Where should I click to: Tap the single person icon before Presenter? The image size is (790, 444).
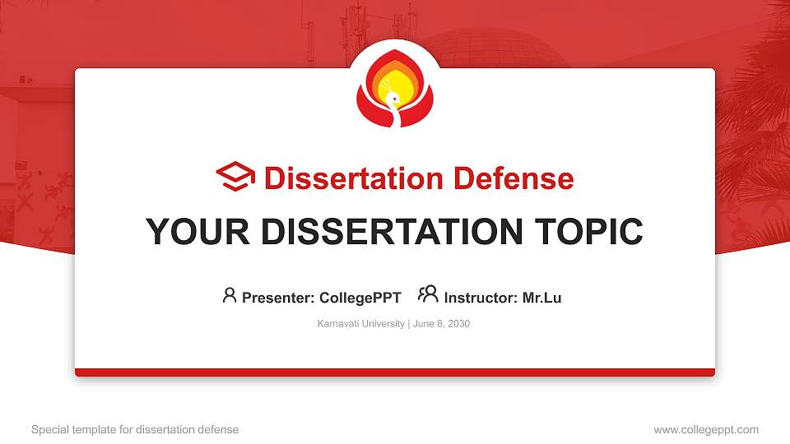click(230, 295)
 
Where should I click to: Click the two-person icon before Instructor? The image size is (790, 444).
click(428, 294)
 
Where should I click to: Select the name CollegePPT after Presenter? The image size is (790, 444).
click(360, 298)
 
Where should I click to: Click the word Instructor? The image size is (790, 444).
click(481, 298)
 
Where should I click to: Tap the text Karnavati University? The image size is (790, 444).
click(360, 324)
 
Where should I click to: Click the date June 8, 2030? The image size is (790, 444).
click(441, 324)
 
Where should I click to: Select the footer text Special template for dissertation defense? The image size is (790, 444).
click(135, 429)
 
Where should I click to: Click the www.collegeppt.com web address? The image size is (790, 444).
click(706, 429)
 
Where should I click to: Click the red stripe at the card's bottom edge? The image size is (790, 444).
click(395, 372)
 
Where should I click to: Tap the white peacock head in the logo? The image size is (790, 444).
click(393, 99)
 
